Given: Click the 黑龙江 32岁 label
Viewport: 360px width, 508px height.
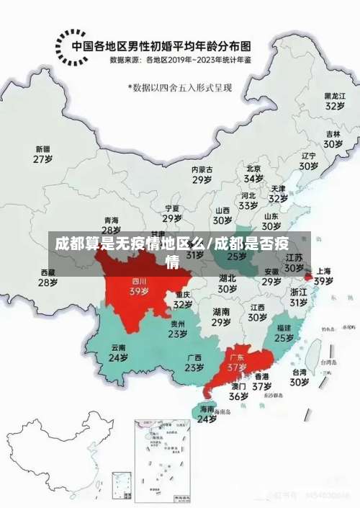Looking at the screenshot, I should click(x=333, y=100).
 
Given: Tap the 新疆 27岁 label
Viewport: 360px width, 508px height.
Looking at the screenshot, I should click(x=43, y=153).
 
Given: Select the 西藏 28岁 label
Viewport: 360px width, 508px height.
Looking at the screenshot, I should click(x=48, y=277).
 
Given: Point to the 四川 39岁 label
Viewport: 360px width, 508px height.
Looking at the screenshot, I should click(x=138, y=286).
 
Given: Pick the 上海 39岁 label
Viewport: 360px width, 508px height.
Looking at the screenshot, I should click(x=323, y=276).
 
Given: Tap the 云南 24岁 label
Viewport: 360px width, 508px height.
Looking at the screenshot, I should click(x=118, y=352).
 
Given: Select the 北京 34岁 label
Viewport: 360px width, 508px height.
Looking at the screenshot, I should click(x=253, y=173).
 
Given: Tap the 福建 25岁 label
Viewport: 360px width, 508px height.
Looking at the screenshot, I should click(x=284, y=332).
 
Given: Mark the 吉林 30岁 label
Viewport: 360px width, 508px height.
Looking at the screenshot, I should click(x=332, y=138).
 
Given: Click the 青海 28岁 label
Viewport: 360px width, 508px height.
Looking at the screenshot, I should click(x=111, y=225).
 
